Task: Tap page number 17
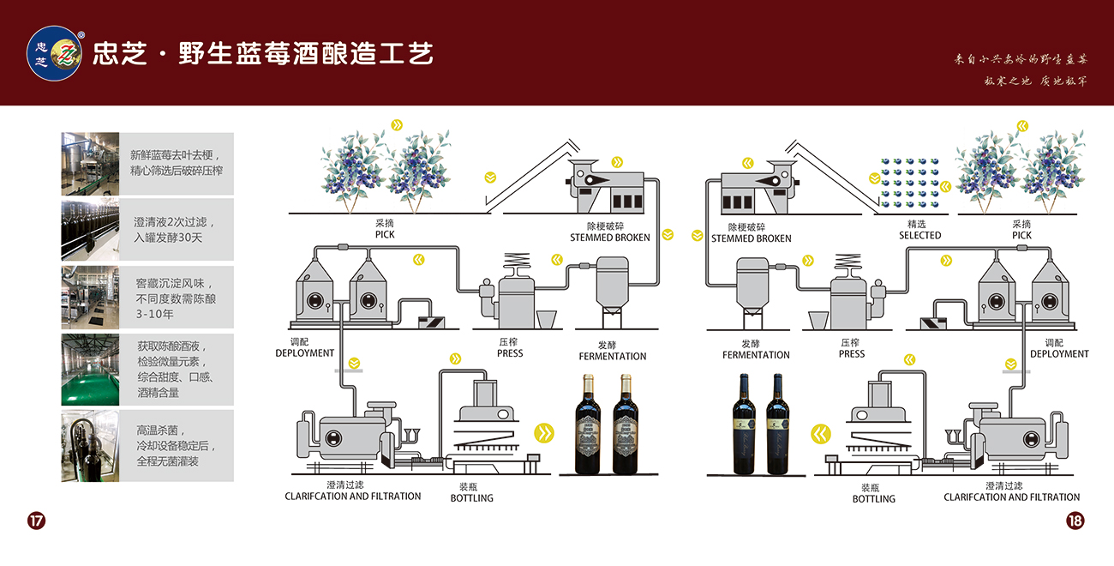pyautogui.click(x=36, y=521)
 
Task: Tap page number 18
pyautogui.click(x=1075, y=521)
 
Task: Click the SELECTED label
pyautogui.click(x=919, y=235)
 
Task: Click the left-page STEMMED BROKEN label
pyautogui.click(x=610, y=238)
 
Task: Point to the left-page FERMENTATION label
pyautogui.click(x=612, y=356)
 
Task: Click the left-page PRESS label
pyautogui.click(x=510, y=352)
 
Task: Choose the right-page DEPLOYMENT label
pyautogui.click(x=1059, y=353)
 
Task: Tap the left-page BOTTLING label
pyautogui.click(x=472, y=497)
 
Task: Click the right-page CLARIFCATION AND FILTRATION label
pyautogui.click(x=1011, y=497)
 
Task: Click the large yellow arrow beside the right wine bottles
pyautogui.click(x=822, y=434)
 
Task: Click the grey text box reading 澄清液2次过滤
pyautogui.click(x=176, y=229)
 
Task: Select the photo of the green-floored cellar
pyautogui.click(x=90, y=370)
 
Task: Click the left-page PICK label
pyautogui.click(x=385, y=234)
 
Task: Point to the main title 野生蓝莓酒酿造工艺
pyautogui.click(x=305, y=53)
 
